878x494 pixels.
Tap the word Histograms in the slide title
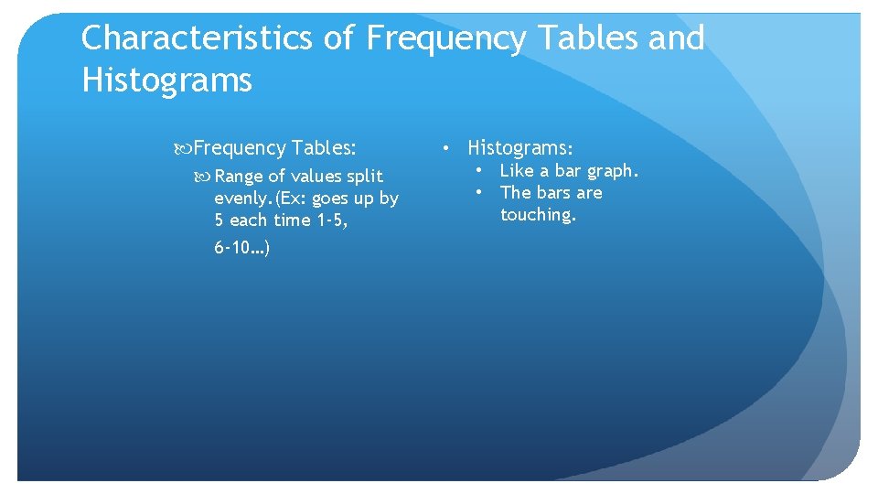166,81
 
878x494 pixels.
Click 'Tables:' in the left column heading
324,148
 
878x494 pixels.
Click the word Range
239,177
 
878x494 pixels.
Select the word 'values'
316,177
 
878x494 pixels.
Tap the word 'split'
365,177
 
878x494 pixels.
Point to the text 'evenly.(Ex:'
257,199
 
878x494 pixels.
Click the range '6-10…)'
241,248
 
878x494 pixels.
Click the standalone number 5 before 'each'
219,220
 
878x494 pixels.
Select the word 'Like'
517,171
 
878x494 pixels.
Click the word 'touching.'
538,215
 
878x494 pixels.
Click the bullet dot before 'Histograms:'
444,147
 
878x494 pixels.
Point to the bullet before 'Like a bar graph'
477,171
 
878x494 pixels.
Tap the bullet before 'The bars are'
477,193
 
